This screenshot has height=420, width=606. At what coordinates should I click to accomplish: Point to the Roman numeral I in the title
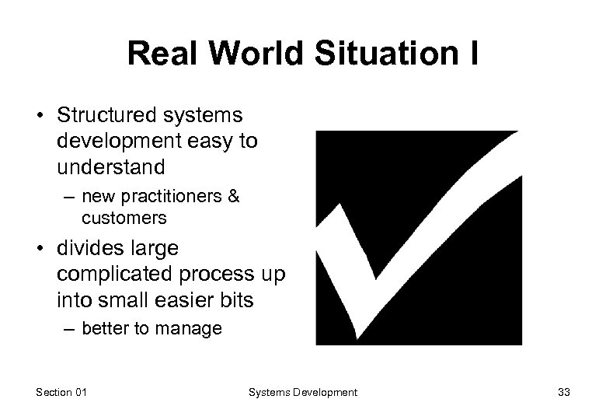472,54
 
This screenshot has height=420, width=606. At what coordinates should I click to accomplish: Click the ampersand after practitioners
233,197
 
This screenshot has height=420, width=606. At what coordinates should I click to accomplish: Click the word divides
89,249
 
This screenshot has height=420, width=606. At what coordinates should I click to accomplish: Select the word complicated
113,274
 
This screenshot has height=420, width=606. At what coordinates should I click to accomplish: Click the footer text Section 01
61,393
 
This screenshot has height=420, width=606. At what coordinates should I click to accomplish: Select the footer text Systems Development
302,393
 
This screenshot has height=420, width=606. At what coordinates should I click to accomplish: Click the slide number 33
563,393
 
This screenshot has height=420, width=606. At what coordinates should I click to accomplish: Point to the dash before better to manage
68,329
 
